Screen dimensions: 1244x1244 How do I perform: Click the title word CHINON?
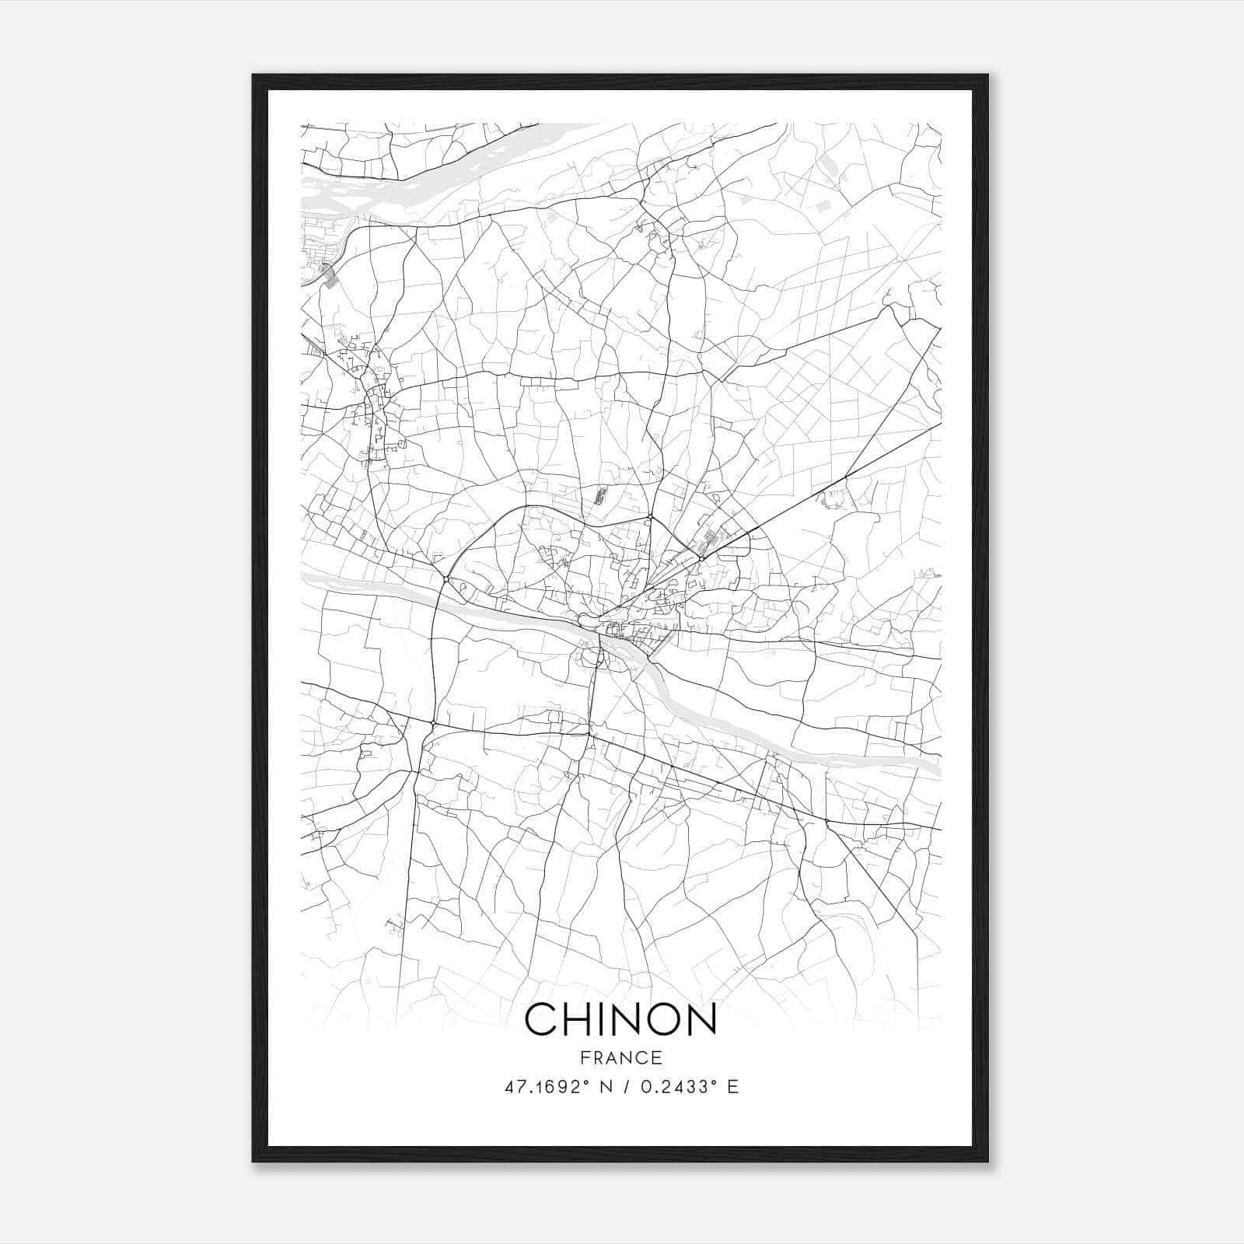point(620,1019)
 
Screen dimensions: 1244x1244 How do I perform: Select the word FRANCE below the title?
point(620,1057)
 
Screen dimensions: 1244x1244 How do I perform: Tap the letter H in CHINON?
point(581,1019)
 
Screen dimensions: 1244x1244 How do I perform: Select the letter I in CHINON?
point(606,1019)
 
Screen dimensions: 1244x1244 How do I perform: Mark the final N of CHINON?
point(700,1019)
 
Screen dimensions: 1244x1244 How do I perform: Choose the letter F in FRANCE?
point(583,1057)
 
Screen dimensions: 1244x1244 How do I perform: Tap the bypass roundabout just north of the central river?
point(445,578)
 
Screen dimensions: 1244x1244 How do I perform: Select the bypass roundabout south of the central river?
point(433,724)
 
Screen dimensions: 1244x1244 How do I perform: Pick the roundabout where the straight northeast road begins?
point(701,558)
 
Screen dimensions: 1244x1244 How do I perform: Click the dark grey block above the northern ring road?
point(599,495)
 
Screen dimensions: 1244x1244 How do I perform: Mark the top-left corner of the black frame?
point(253,75)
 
